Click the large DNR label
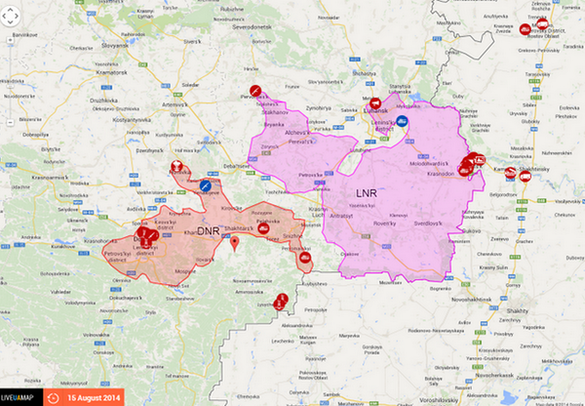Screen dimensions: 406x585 (209, 230)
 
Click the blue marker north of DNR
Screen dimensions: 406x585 (206, 184)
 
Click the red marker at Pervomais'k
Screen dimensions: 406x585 (254, 91)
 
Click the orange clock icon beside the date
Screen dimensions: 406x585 (53, 397)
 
